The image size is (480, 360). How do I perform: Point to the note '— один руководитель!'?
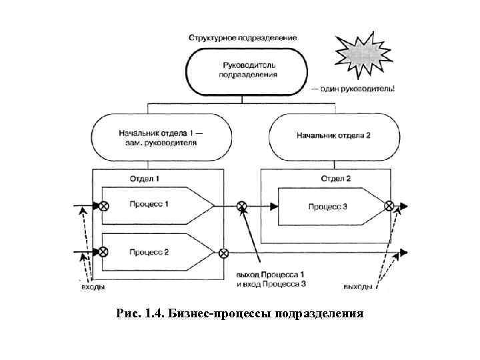[352, 89]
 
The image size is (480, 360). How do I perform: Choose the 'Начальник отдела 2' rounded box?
[333, 135]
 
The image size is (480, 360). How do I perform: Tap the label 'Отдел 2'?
[335, 179]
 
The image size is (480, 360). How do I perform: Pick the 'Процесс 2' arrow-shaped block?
[157, 253]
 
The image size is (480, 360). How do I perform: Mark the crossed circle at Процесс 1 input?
[104, 206]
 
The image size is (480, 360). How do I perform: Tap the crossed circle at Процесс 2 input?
[104, 253]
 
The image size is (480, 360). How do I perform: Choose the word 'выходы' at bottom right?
[358, 287]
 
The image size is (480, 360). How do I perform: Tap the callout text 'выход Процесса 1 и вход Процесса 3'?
[271, 279]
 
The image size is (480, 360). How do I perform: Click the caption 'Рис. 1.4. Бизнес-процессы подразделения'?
[240, 313]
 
